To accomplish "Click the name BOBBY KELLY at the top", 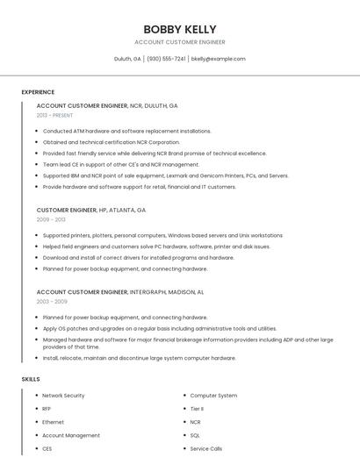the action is pyautogui.click(x=179, y=29).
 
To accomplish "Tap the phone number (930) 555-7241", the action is pyautogui.click(x=166, y=59).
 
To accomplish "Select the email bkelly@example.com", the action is pyautogui.click(x=218, y=59).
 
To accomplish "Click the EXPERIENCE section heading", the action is pyautogui.click(x=38, y=92).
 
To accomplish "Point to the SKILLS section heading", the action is pyautogui.click(x=31, y=379).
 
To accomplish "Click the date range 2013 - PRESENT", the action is pyautogui.click(x=54, y=115).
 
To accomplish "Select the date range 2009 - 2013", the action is pyautogui.click(x=50, y=220).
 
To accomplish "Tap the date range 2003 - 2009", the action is pyautogui.click(x=51, y=301).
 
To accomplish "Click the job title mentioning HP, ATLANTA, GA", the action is pyautogui.click(x=91, y=211).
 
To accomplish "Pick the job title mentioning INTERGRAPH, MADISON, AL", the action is pyautogui.click(x=120, y=291).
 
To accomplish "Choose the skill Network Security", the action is pyautogui.click(x=63, y=396).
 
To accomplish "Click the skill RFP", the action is pyautogui.click(x=47, y=409).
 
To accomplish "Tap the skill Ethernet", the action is pyautogui.click(x=53, y=422).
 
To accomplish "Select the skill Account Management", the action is pyautogui.click(x=70, y=435).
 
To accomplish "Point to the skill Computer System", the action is pyautogui.click(x=213, y=396).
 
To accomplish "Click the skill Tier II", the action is pyautogui.click(x=197, y=409).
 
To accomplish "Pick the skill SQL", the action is pyautogui.click(x=195, y=435).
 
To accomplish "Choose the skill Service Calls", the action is pyautogui.click(x=206, y=448).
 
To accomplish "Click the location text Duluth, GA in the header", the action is pyautogui.click(x=127, y=59).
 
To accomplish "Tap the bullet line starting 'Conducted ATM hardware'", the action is pyautogui.click(x=126, y=131).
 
